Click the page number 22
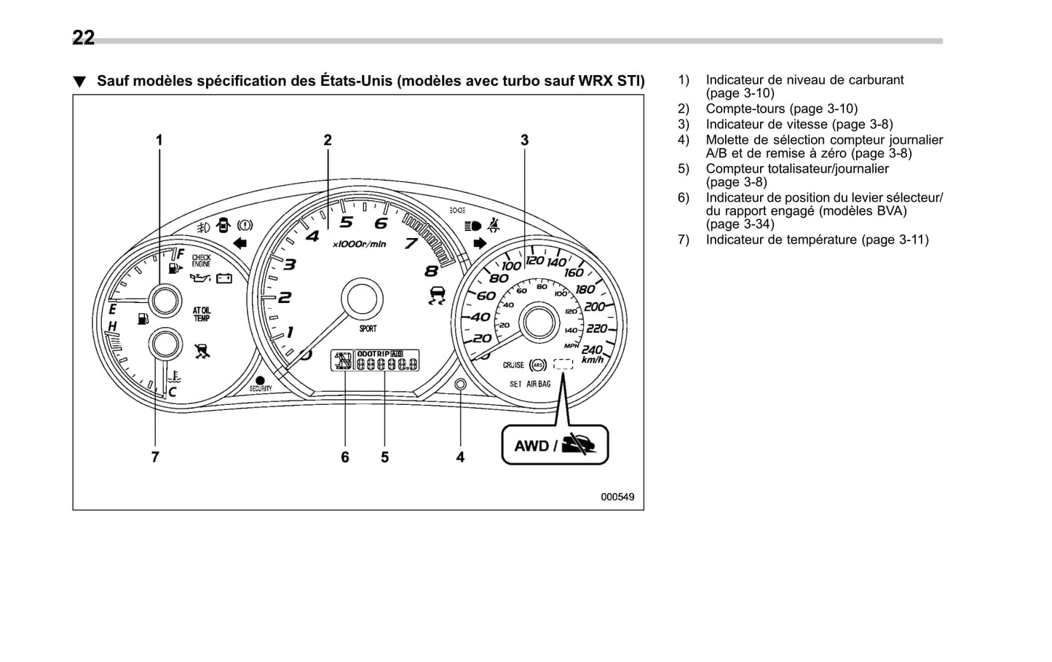pos(83,38)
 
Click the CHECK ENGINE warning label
pos(201,261)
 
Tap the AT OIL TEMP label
pos(201,314)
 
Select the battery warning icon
pos(224,277)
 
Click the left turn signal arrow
pos(240,243)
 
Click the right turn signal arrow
pos(479,243)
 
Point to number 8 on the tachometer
pos(431,271)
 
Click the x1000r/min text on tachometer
pos(359,244)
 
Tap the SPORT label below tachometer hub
pos(368,329)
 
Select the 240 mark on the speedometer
pos(591,350)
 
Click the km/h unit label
pos(592,360)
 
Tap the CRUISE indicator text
pos(513,365)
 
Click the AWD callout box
pos(555,445)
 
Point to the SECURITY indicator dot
pos(260,380)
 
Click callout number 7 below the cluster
pos(155,457)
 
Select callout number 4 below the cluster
pos(460,457)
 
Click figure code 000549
pos(617,497)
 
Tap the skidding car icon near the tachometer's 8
pos(436,296)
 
